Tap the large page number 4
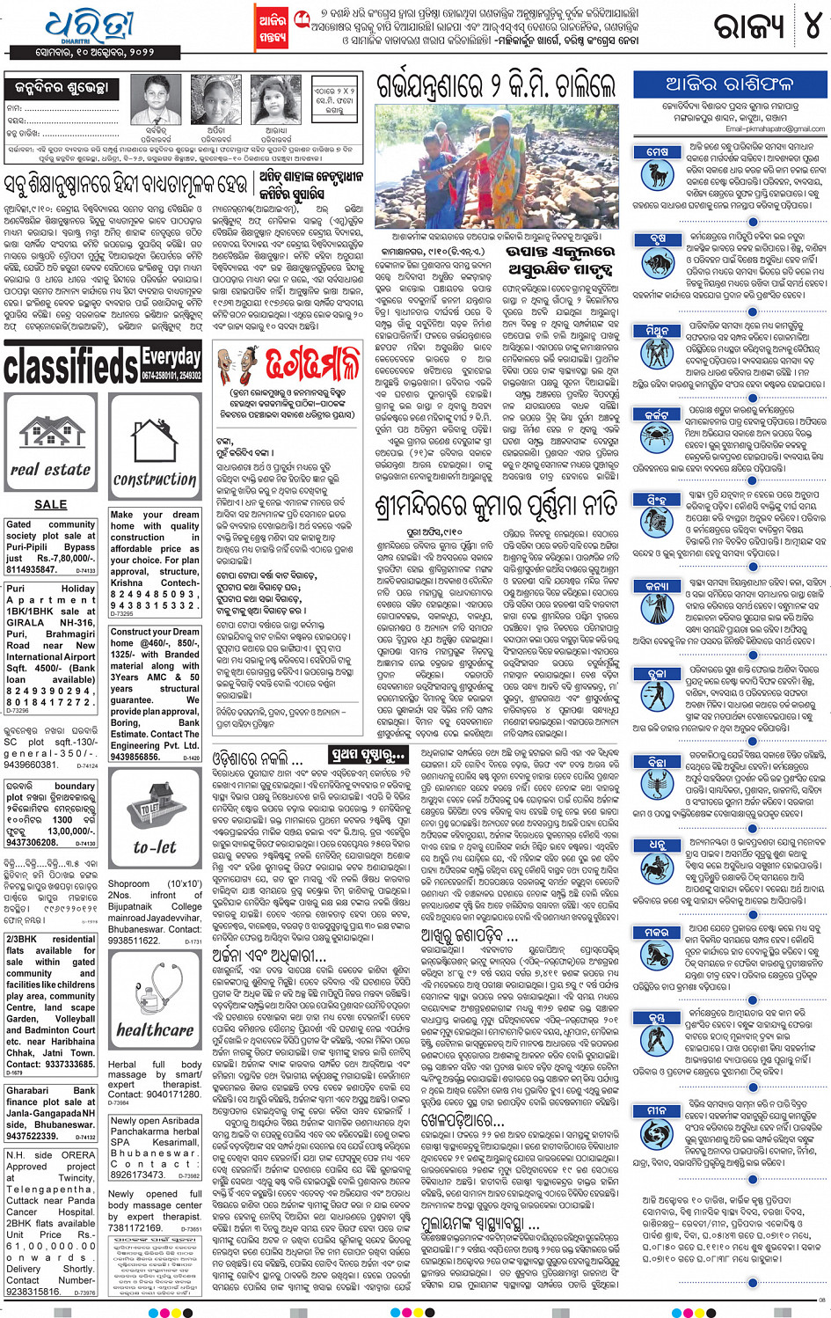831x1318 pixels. [811, 27]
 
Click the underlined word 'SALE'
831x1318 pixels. [50, 504]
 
